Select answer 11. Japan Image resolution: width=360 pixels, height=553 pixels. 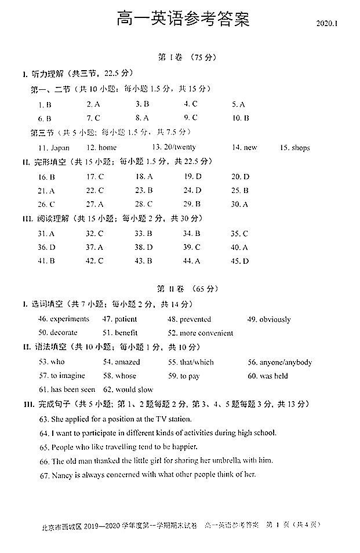click(x=54, y=148)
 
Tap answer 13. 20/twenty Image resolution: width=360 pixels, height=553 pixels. click(x=174, y=147)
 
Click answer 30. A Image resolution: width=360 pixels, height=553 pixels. click(x=239, y=204)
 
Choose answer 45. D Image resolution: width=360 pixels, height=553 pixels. click(x=239, y=261)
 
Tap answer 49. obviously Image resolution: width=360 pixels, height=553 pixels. click(x=269, y=319)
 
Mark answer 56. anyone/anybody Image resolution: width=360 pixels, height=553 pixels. click(x=280, y=362)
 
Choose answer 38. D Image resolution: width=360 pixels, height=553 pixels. click(x=144, y=247)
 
